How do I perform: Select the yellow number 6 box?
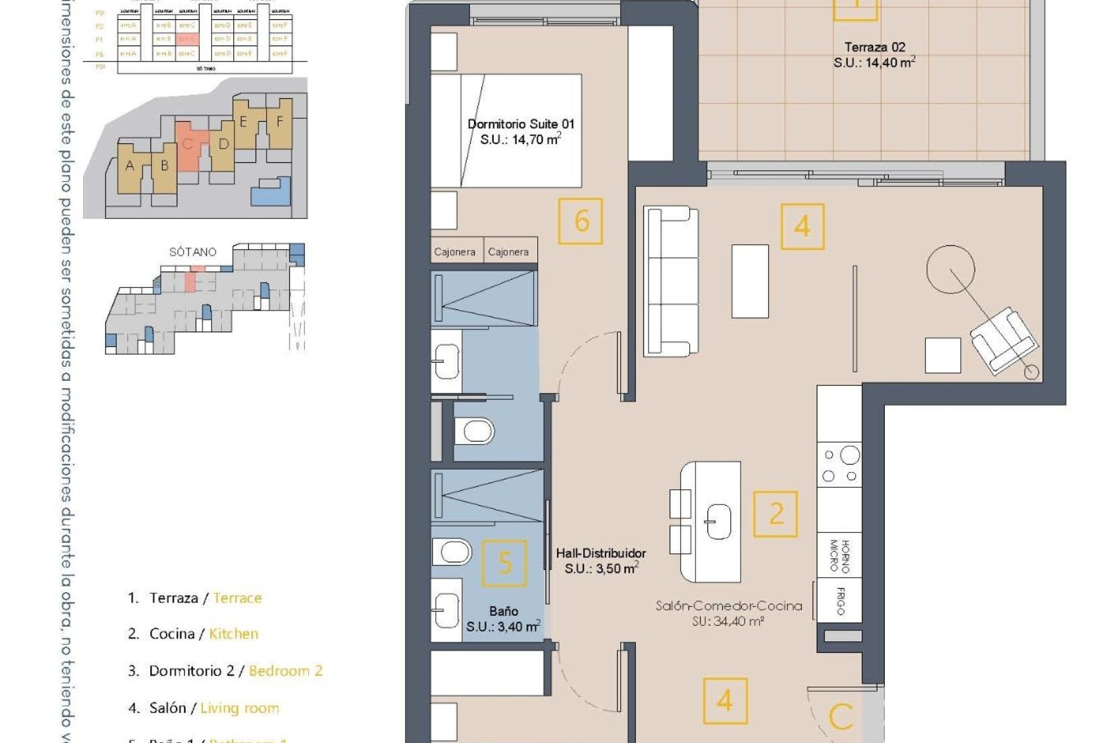coord(580,221)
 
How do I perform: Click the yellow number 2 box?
coord(775,514)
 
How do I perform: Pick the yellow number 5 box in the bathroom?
coord(505,562)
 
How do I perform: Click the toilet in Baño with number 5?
coord(453,551)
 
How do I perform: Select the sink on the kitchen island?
coord(718,521)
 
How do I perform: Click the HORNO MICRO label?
coord(839,556)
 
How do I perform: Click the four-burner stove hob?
coord(840,465)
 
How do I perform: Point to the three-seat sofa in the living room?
coord(672,281)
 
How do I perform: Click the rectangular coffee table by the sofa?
coord(750,281)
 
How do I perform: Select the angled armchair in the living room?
coord(1003,340)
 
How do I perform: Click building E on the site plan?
coord(244,122)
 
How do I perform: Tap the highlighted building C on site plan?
coord(188,145)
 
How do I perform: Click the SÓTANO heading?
coord(193,252)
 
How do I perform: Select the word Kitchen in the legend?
coord(233,634)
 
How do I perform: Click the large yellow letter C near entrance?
coord(841,717)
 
